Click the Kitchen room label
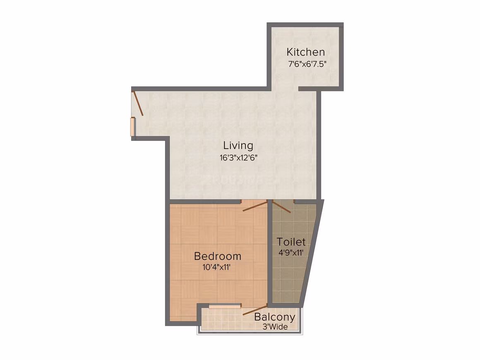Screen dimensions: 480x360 click(x=305, y=52)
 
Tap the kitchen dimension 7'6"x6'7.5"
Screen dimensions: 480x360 click(x=307, y=64)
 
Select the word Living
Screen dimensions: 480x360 click(x=238, y=146)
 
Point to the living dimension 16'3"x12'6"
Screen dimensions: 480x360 click(x=238, y=158)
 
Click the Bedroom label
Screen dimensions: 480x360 click(x=218, y=256)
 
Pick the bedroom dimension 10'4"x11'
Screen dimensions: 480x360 click(x=216, y=267)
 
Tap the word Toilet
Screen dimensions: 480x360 click(x=291, y=242)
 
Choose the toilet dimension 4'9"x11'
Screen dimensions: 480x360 click(x=291, y=253)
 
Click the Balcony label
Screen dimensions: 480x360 click(x=275, y=317)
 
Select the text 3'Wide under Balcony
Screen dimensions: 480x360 click(x=275, y=327)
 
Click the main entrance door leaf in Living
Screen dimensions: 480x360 click(x=138, y=103)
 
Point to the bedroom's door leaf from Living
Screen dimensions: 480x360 click(x=255, y=206)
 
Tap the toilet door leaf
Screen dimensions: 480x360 click(x=281, y=206)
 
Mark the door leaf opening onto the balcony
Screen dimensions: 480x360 click(x=255, y=310)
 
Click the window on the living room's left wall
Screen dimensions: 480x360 click(x=133, y=127)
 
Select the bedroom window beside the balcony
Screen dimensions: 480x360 click(x=225, y=306)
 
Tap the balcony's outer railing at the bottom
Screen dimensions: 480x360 click(x=250, y=333)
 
